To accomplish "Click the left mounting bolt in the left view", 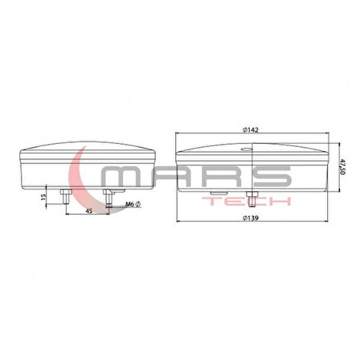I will (63, 194).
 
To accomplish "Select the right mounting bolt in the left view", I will (108, 194).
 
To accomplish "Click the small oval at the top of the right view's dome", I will (246, 149).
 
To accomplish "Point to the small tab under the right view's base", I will (215, 193).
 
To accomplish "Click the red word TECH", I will (248, 202).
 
